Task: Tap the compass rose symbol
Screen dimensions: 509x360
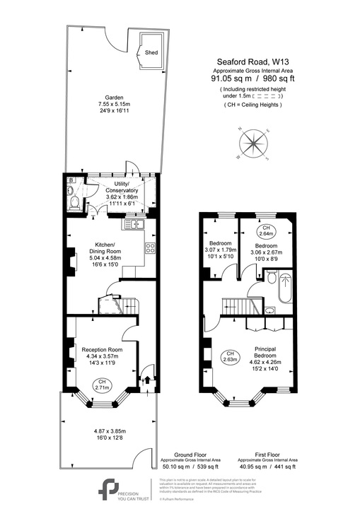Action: click(253, 143)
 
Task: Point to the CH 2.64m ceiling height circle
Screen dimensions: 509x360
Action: click(266, 230)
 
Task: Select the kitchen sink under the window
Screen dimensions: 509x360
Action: click(134, 224)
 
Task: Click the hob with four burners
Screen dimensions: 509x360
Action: click(150, 248)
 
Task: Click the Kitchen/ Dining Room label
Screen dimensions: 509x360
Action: click(104, 248)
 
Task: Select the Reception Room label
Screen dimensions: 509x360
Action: click(103, 350)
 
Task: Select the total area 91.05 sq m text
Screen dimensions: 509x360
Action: click(233, 79)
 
